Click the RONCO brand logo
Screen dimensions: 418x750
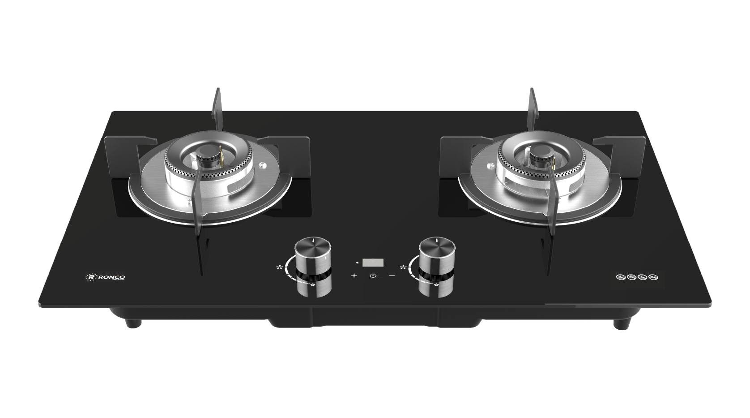click(105, 277)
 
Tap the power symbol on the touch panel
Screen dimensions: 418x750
click(373, 276)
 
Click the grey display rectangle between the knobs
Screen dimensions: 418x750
click(373, 262)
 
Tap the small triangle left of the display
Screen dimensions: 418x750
click(357, 262)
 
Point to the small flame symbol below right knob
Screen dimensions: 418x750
click(436, 285)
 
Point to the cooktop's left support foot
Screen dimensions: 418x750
click(133, 322)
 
